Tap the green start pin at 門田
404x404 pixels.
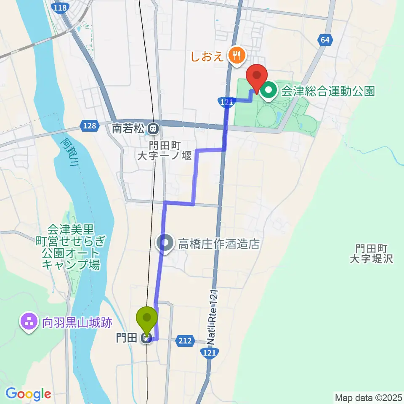click(x=147, y=320)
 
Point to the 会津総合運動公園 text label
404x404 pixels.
click(x=327, y=91)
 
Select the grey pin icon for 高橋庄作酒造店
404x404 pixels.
click(x=165, y=243)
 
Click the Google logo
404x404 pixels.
click(x=28, y=394)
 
